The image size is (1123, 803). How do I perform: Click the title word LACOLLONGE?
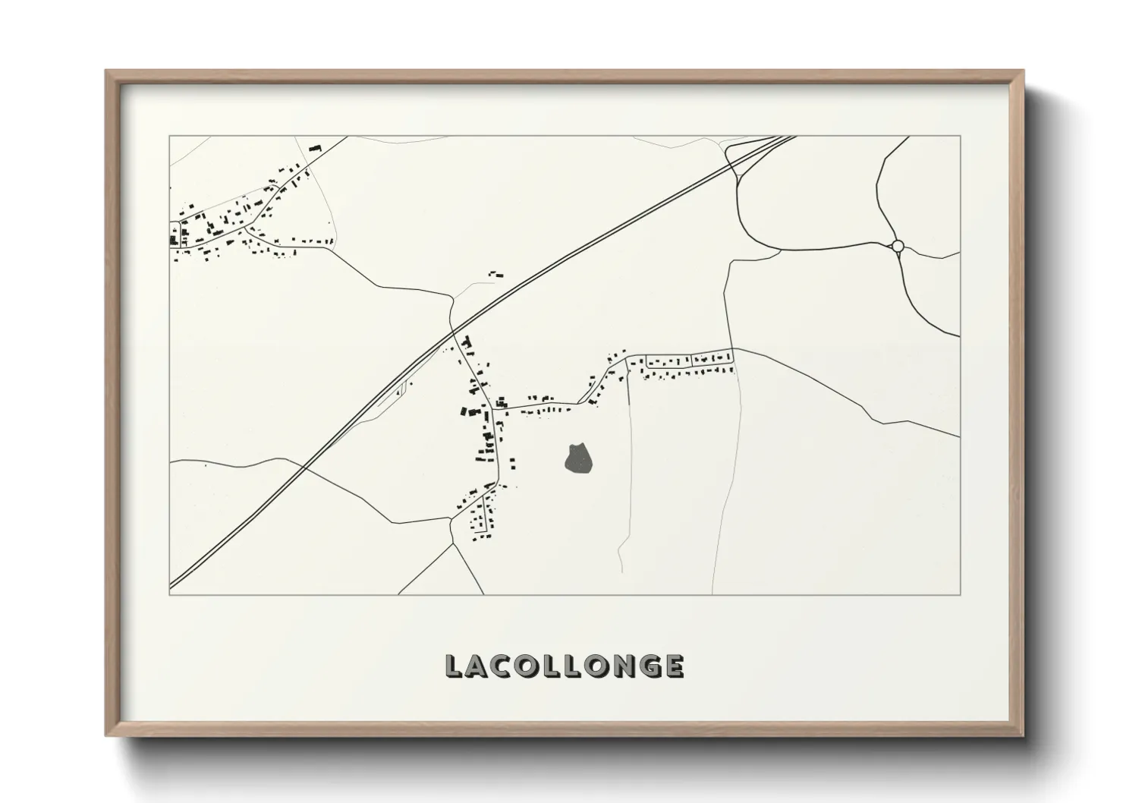tap(565, 666)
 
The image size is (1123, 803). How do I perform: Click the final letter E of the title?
tap(672, 666)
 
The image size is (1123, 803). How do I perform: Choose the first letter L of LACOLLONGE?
tap(454, 666)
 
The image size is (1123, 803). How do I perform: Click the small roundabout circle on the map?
tap(898, 246)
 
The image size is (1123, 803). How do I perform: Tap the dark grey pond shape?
tap(578, 458)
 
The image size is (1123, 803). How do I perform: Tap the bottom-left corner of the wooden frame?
tap(107, 735)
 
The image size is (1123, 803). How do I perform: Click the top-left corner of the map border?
tap(169, 137)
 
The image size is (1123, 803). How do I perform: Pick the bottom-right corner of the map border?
tap(960, 595)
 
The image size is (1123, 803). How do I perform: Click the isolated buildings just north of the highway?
tap(496, 273)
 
